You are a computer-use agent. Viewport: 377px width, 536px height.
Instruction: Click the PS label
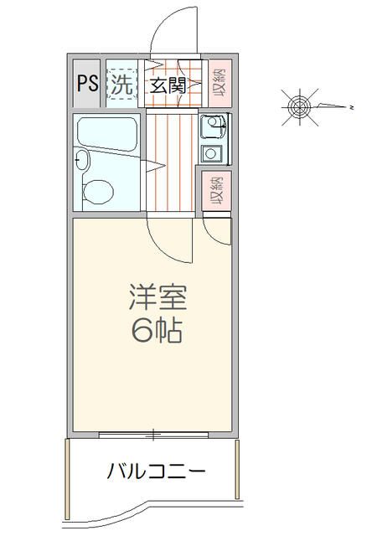(x=86, y=84)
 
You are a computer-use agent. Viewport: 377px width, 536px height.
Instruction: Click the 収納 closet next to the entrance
(x=219, y=84)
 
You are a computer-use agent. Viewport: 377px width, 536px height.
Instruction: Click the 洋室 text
(x=156, y=297)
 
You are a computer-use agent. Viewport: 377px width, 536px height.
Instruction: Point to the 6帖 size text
(x=156, y=332)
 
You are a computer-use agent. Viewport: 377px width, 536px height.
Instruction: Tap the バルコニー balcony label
(x=156, y=472)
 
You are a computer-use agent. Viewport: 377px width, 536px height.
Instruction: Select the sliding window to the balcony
(x=153, y=435)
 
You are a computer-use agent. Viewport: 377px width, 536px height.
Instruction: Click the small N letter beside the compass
(x=353, y=107)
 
